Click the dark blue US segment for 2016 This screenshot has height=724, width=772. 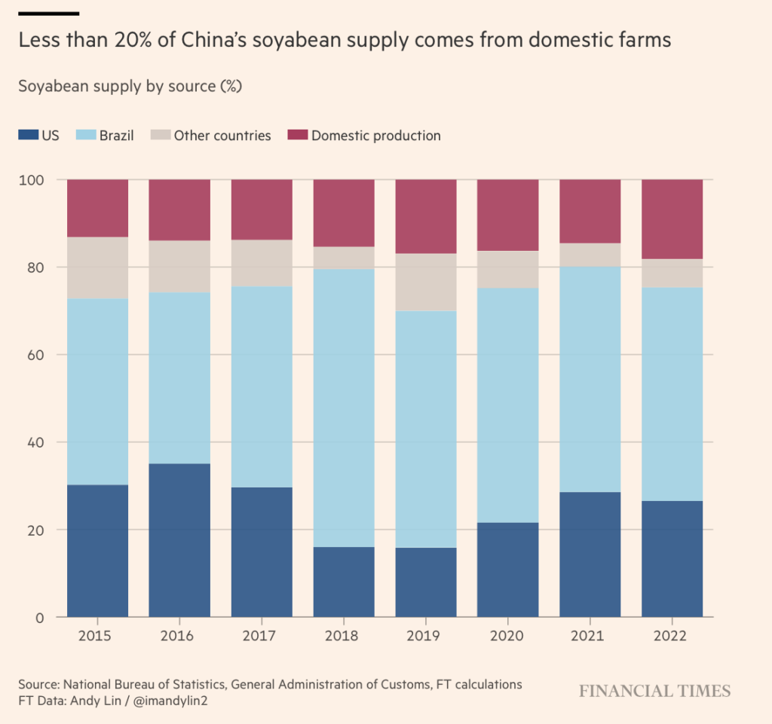tap(179, 540)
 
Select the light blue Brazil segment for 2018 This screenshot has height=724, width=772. tap(344, 408)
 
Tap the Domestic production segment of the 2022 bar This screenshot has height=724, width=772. tap(672, 219)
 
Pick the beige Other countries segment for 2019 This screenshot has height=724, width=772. tap(426, 282)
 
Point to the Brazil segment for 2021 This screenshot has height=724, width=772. tap(590, 379)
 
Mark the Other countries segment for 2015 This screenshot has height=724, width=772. tap(98, 267)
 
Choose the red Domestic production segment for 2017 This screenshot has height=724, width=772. tap(262, 209)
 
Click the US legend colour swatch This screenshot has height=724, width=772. tap(28, 136)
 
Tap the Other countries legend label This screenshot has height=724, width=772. tap(222, 136)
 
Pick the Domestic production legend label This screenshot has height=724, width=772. tap(375, 136)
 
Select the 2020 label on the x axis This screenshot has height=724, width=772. tap(507, 636)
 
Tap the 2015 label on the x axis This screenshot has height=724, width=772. tap(98, 636)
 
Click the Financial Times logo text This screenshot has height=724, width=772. tap(654, 691)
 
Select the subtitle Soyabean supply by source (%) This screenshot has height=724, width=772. tap(129, 86)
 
